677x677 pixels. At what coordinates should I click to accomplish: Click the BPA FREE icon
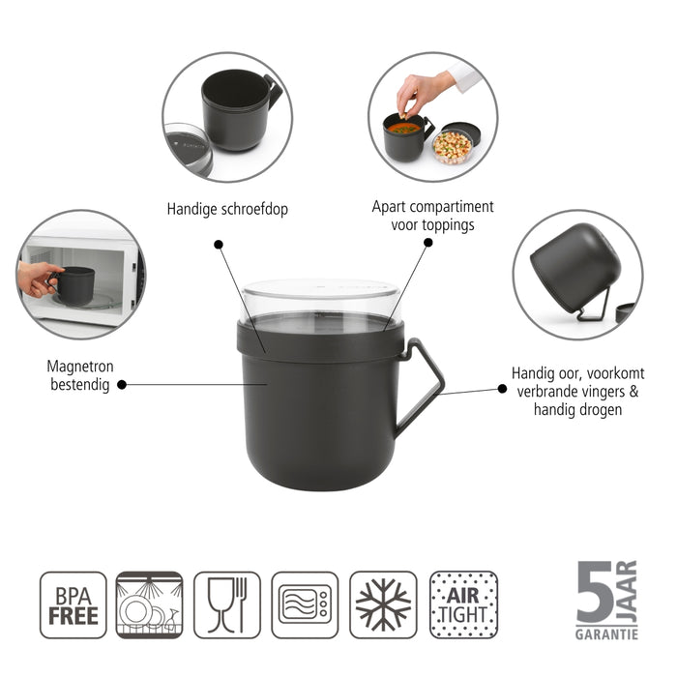click(73, 604)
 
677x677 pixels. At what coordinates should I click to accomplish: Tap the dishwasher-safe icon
click(149, 604)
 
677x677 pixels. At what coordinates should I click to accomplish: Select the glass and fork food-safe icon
click(227, 604)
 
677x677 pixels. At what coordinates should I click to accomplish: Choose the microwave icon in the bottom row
click(305, 604)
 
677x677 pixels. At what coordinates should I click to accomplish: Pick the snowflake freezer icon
click(383, 604)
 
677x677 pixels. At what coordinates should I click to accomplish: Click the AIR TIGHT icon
click(463, 604)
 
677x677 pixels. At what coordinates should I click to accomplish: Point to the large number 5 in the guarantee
click(593, 591)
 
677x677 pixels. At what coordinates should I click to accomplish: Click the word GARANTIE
click(606, 634)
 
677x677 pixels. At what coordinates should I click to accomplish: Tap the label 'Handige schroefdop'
click(227, 208)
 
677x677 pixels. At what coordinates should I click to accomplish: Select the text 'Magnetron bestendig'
click(76, 375)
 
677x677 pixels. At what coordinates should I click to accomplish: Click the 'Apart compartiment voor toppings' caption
click(432, 216)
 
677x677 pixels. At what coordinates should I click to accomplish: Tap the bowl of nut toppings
click(452, 146)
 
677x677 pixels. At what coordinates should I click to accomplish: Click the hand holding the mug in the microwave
click(38, 279)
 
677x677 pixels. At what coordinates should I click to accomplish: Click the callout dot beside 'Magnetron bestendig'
click(122, 385)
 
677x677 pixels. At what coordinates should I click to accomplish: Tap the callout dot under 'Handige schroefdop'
click(218, 246)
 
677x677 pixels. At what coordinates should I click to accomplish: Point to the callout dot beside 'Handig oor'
click(502, 387)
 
